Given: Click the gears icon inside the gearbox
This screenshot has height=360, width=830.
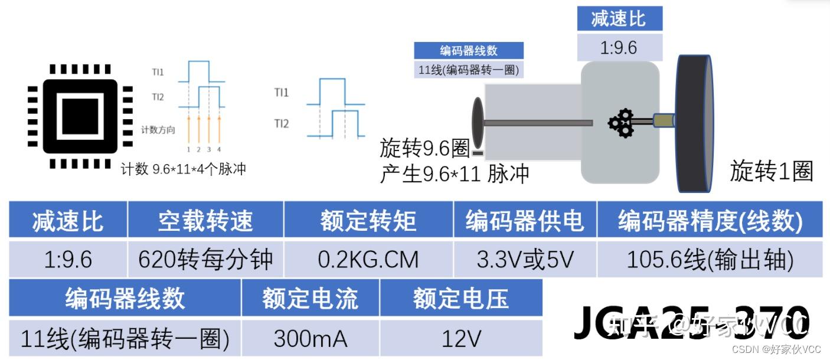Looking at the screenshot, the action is click(621, 123).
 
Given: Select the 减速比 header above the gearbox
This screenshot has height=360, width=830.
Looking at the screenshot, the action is click(619, 18).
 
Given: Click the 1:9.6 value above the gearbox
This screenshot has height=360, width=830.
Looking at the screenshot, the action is click(619, 47).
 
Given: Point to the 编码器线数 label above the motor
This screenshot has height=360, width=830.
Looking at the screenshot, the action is click(469, 51).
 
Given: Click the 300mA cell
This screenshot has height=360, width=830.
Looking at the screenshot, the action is click(311, 339).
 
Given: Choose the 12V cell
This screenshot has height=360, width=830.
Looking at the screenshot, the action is click(461, 339).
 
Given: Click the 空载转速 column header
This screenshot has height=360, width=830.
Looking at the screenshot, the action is click(205, 221).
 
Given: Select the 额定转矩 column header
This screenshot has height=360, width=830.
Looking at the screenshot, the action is click(368, 221).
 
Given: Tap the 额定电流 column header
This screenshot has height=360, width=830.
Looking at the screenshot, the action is click(311, 299).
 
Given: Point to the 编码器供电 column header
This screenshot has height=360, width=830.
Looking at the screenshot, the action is click(525, 221).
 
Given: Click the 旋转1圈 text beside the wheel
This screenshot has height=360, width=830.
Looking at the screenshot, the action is click(772, 171).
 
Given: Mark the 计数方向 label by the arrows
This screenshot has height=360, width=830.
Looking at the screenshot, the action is click(158, 130).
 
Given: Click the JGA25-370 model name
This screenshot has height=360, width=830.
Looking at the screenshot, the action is click(691, 322).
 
